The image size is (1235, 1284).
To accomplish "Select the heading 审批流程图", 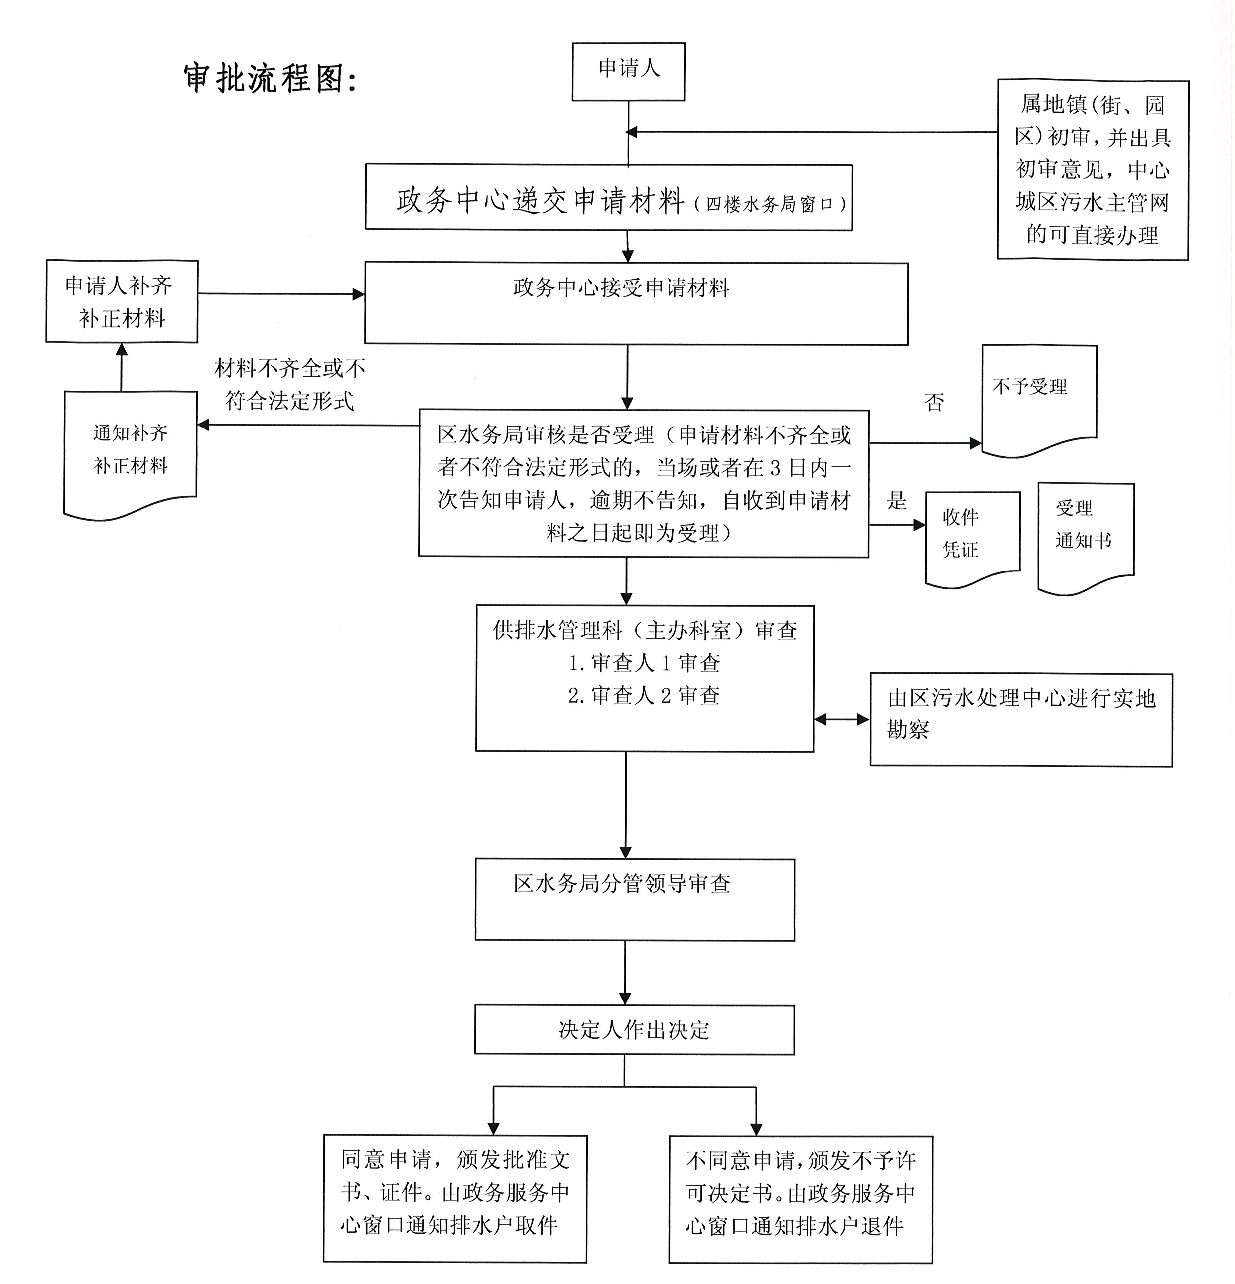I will [270, 79].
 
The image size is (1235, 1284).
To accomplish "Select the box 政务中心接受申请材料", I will [636, 303].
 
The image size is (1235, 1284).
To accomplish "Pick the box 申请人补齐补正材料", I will [121, 301].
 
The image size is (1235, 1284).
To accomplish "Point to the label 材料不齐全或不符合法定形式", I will [289, 385].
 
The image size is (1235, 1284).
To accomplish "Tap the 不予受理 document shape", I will [1038, 396].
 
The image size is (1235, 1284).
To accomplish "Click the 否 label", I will [934, 402].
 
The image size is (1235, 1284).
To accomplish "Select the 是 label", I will [896, 501].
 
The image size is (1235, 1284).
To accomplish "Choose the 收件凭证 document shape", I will [971, 535].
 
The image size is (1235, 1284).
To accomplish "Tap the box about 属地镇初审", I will [1092, 170].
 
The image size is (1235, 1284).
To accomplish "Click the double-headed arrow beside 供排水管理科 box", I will [841, 720].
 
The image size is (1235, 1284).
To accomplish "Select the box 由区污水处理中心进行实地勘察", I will [1020, 719].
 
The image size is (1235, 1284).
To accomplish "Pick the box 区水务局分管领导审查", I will [634, 899].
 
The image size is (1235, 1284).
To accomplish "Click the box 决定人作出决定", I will [634, 1030].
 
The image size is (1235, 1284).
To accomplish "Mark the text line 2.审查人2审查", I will [644, 695].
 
